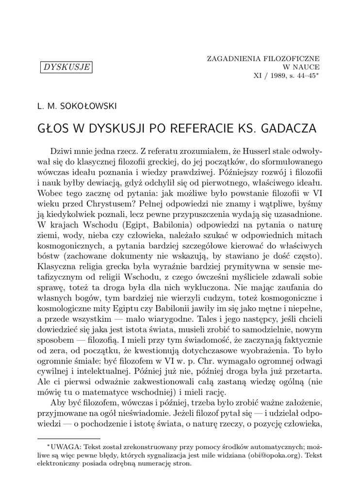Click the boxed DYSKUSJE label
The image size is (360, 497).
66,67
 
